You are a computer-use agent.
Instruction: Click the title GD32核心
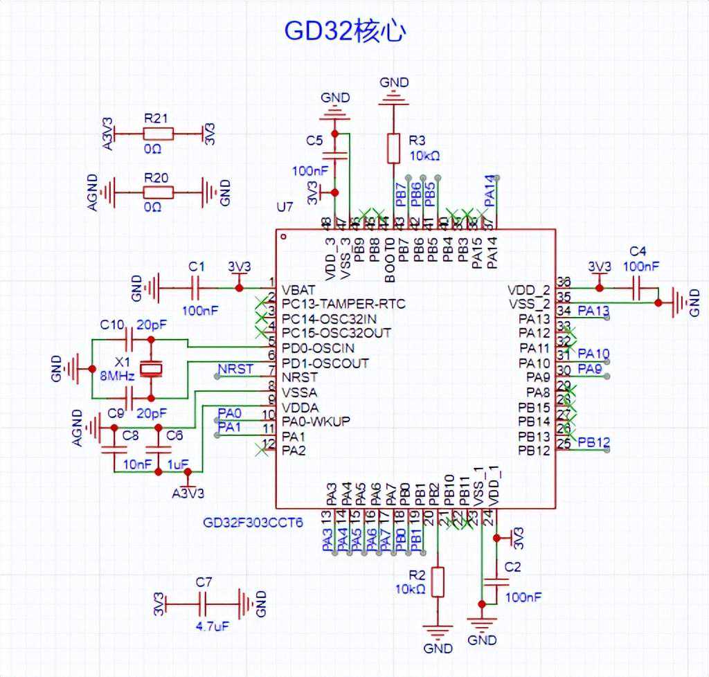point(345,31)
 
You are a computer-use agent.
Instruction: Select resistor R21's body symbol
point(158,133)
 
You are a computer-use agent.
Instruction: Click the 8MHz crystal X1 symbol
point(150,369)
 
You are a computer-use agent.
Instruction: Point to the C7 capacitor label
point(203,581)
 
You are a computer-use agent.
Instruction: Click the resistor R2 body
point(437,582)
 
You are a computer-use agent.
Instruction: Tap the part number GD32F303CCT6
point(253,523)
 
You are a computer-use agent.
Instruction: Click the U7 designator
point(285,208)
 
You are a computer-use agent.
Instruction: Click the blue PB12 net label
point(594,441)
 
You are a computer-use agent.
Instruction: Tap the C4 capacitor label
point(637,251)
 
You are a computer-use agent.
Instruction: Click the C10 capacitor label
point(112,324)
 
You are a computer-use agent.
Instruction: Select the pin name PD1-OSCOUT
point(325,363)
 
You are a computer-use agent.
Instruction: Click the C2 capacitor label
point(513,566)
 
